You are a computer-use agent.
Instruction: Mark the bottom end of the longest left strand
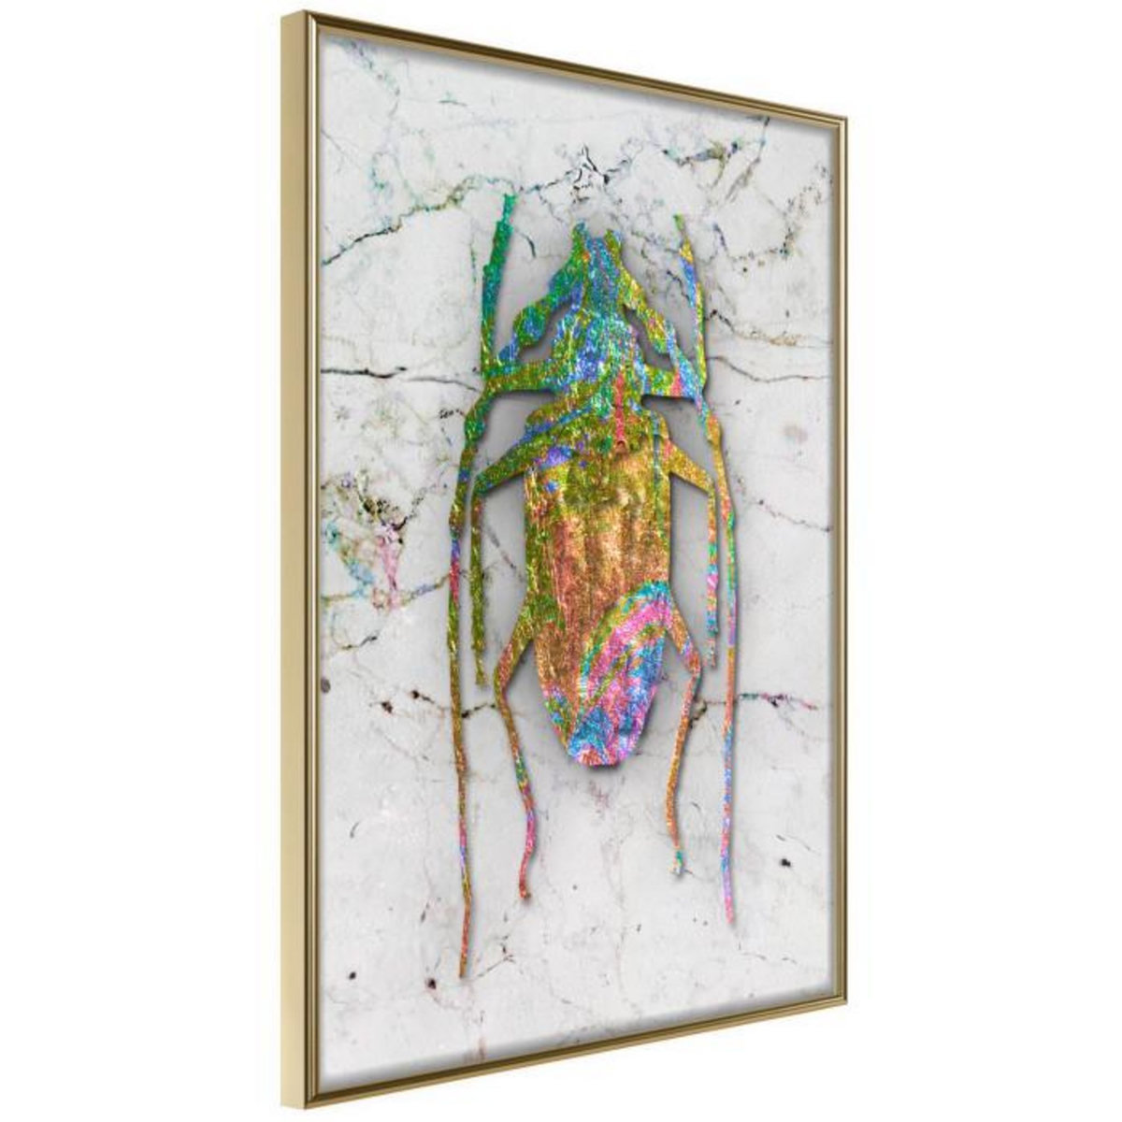tap(463, 972)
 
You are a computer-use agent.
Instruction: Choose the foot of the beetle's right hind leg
tap(675, 870)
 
